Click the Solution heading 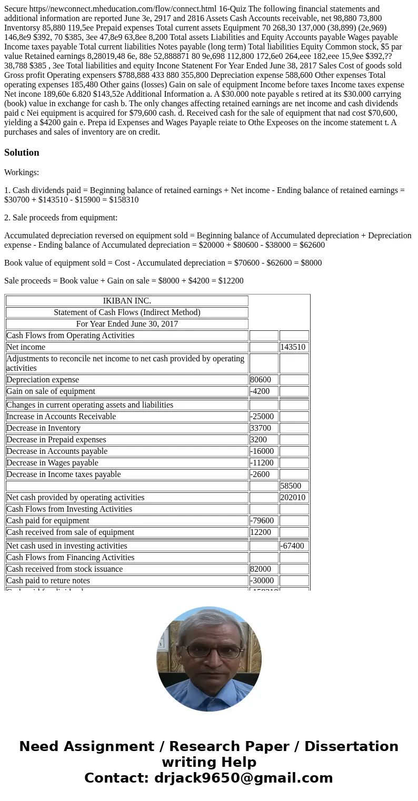pyautogui.click(x=22, y=153)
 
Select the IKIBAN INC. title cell pyautogui.click(x=127, y=301)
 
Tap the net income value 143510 pyautogui.click(x=294, y=347)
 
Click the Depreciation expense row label pyautogui.click(x=43, y=380)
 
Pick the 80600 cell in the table pyautogui.click(x=263, y=380)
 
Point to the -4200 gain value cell pyautogui.click(x=263, y=391)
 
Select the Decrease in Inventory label pyautogui.click(x=44, y=428)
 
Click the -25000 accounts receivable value pyautogui.click(x=263, y=417)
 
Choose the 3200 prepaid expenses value pyautogui.click(x=263, y=440)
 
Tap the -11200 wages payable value pyautogui.click(x=263, y=463)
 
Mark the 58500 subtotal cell pyautogui.click(x=294, y=486)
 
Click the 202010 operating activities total pyautogui.click(x=294, y=498)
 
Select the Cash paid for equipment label pyautogui.click(x=48, y=521)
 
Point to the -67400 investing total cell pyautogui.click(x=294, y=546)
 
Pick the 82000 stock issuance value pyautogui.click(x=263, y=569)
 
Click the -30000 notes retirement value pyautogui.click(x=263, y=581)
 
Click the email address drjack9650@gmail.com pyautogui.click(x=243, y=778)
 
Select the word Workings pyautogui.click(x=22, y=173)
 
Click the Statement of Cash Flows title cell pyautogui.click(x=127, y=312)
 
